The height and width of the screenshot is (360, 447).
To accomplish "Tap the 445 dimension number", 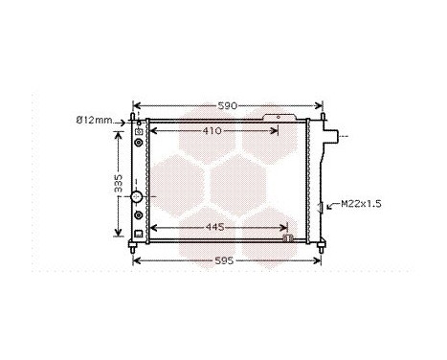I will coord(215,228).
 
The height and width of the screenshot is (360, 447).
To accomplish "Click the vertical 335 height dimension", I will coord(119,184).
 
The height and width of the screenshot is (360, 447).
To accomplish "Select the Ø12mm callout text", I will coord(94,121).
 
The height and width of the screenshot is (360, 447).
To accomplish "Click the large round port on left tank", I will coord(136,196).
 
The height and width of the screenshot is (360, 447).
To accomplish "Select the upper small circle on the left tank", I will coord(140,143).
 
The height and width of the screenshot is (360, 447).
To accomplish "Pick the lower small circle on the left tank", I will coord(140,216).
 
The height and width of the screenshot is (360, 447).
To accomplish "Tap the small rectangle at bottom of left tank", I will coord(140,232).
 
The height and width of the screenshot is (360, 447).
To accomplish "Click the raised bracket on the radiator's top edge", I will coord(283,119).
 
